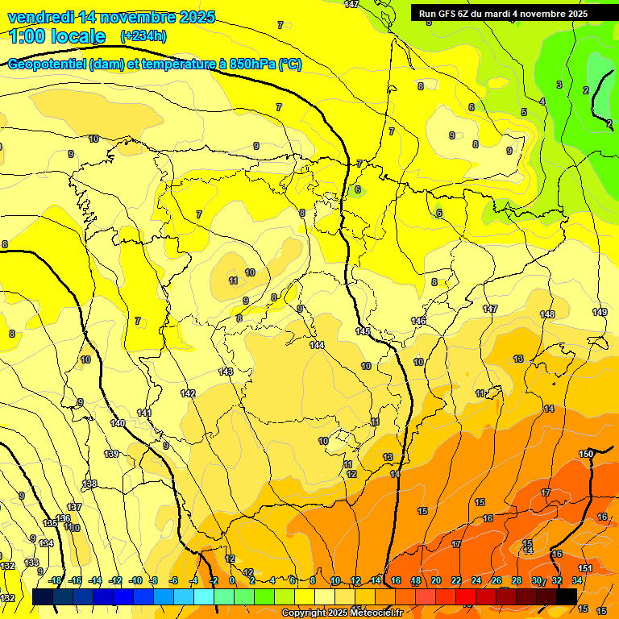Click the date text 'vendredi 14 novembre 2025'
click(x=111, y=17)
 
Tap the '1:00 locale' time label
click(x=58, y=36)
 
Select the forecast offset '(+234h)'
click(x=143, y=36)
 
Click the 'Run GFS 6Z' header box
click(x=503, y=13)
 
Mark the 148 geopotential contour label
click(x=547, y=314)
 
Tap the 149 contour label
click(x=600, y=312)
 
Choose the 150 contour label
click(x=586, y=455)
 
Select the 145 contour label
click(x=363, y=331)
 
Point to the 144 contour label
click(x=317, y=345)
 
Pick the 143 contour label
click(x=226, y=372)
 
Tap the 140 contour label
click(x=118, y=423)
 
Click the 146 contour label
click(x=418, y=321)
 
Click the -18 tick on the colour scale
click(x=55, y=580)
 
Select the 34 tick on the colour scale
click(x=577, y=580)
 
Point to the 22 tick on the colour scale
click(x=456, y=580)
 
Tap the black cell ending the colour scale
click(x=567, y=596)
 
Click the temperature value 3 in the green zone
click(x=559, y=85)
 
